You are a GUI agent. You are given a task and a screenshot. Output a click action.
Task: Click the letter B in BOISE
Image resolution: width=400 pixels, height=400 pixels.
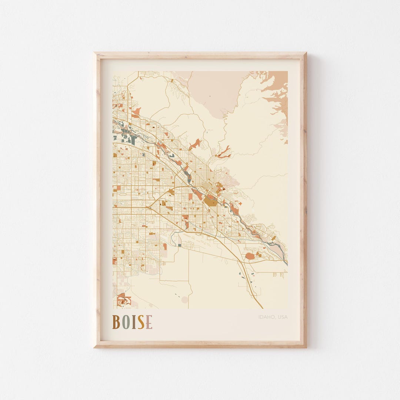point(116,322)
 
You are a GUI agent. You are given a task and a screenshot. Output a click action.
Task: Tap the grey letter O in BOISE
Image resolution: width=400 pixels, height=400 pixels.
point(126,322)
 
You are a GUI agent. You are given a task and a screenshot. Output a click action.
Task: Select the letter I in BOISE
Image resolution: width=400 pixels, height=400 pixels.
point(134,322)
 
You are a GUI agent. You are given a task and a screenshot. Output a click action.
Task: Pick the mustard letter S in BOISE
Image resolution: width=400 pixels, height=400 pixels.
point(141,322)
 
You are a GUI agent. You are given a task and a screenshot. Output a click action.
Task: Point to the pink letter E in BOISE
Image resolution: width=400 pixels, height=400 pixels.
point(149,322)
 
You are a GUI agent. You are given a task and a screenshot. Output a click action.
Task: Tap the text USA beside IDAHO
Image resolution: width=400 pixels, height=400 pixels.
point(282,317)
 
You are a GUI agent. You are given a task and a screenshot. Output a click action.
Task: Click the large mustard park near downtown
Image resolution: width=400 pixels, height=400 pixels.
point(210,201)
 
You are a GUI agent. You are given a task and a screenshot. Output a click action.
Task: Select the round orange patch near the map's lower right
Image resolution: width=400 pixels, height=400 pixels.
point(250,256)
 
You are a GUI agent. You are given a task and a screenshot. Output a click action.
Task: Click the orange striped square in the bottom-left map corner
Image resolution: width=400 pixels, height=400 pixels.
point(121,299)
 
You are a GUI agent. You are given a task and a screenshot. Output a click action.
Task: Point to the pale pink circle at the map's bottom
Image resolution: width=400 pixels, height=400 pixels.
point(184,300)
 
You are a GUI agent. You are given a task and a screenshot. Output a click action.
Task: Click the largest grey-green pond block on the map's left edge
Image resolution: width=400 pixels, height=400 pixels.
point(132,140)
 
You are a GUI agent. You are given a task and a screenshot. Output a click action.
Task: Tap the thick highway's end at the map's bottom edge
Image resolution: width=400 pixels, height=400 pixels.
point(262,308)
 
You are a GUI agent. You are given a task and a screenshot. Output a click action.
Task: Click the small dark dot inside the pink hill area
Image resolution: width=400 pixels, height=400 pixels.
point(209,96)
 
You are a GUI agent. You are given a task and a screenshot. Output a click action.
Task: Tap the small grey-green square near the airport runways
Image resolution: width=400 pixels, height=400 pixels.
point(180,245)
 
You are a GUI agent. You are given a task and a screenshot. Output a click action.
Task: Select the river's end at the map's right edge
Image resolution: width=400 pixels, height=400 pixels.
point(286,263)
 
